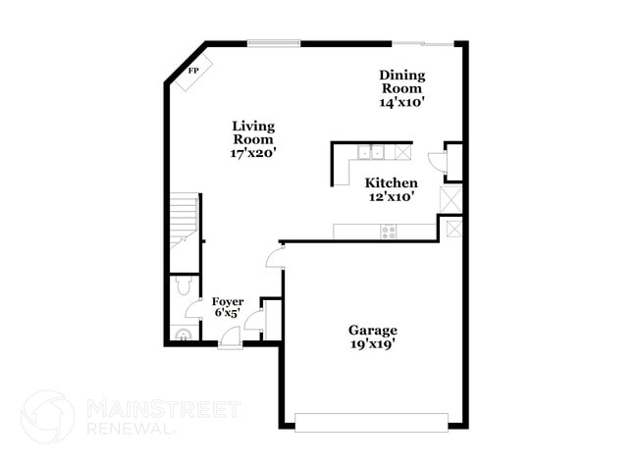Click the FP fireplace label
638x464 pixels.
[193, 71]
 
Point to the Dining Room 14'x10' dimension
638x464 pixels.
[402, 101]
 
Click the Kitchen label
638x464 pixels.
[392, 182]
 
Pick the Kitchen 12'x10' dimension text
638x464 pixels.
[392, 196]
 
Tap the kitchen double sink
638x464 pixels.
[370, 152]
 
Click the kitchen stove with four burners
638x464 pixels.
[389, 232]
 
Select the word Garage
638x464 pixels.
[373, 330]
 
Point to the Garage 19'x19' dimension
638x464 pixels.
[373, 343]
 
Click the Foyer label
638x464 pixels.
[228, 301]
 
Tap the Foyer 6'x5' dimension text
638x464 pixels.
[228, 313]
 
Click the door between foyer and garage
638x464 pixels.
[275, 257]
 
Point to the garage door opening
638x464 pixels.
[371, 423]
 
